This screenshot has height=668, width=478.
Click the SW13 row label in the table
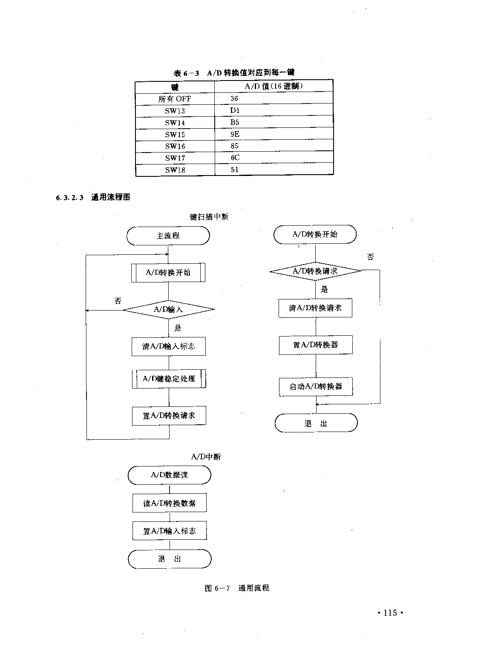coord(175,111)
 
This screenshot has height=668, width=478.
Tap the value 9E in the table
coord(235,134)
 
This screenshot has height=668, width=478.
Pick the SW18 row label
coord(175,170)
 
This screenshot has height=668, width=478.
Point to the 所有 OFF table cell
coord(174,99)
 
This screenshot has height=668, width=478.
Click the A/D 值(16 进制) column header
coord(274,86)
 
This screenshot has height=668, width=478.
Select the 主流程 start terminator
coord(168,236)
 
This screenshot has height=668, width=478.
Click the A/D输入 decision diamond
coord(169,310)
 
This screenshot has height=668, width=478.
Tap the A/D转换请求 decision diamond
coord(315,271)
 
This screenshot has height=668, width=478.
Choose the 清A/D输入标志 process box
coord(169,346)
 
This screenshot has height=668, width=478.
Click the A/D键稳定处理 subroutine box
coord(169,379)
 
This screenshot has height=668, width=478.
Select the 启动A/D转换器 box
coord(316,386)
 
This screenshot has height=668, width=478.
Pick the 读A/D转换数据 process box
coord(170,504)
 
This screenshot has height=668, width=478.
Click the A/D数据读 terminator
coord(170,475)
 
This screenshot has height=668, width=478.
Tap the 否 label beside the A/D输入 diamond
coord(118,301)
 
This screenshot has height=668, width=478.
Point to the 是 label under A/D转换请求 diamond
coord(324,289)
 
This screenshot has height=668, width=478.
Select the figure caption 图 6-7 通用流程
coord(237,588)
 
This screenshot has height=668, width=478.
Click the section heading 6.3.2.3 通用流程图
coord(93,197)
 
